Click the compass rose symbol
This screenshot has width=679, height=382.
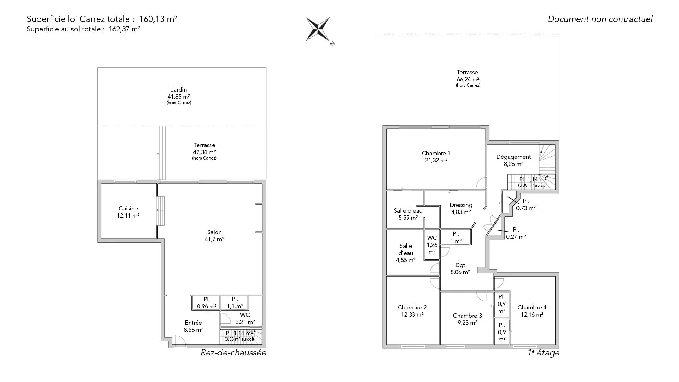click(x=318, y=29)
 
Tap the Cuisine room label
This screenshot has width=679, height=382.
click(x=128, y=209)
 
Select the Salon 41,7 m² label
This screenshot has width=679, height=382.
click(x=215, y=236)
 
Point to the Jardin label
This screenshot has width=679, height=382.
click(x=179, y=90)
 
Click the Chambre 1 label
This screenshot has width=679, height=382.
click(x=436, y=154)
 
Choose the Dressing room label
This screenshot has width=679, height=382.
click(x=461, y=205)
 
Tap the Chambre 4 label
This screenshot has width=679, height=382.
click(x=532, y=308)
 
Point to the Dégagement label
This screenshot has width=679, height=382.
click(x=513, y=157)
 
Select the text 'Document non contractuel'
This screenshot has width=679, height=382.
click(x=600, y=19)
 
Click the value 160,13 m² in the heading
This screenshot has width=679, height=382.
click(x=158, y=19)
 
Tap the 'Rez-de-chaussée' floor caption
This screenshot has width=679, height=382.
click(x=233, y=353)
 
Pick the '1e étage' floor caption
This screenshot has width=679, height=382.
click(x=544, y=353)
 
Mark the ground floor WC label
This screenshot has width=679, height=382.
click(x=245, y=315)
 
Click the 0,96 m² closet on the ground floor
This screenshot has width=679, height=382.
click(x=207, y=303)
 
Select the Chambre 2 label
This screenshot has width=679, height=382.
click(x=412, y=308)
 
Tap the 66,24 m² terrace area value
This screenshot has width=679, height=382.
click(x=468, y=80)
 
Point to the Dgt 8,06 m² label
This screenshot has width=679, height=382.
click(x=460, y=269)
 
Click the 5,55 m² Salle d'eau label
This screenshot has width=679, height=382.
click(x=408, y=214)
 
